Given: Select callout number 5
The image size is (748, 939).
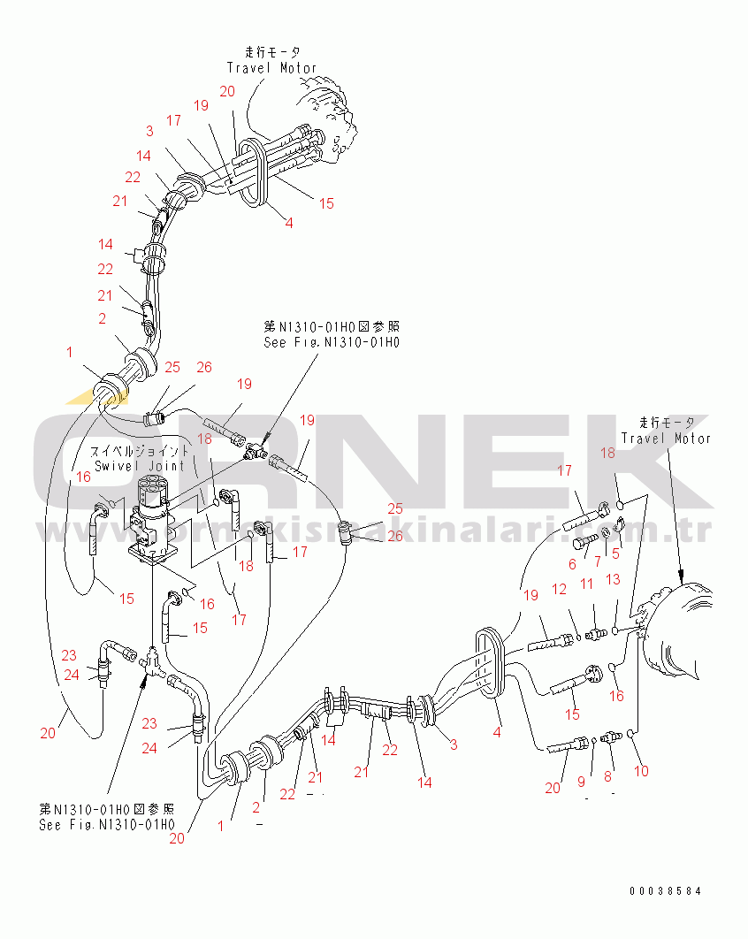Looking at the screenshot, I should (616, 554).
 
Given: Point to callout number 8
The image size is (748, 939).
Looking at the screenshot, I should (607, 777).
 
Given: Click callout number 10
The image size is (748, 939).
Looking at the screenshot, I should (642, 770).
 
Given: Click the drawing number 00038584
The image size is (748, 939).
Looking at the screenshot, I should (666, 890).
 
